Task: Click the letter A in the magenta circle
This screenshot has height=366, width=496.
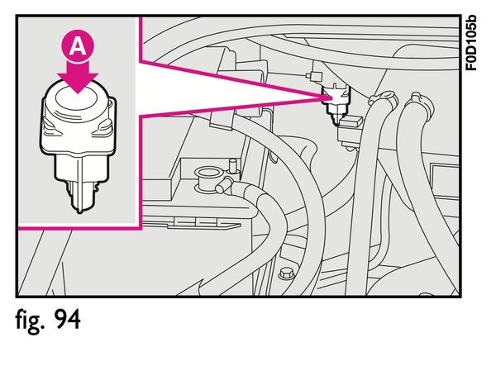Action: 78,47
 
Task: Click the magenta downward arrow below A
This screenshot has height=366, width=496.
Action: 78,77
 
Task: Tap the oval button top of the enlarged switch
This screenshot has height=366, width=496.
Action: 76,98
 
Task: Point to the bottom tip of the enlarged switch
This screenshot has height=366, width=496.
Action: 79,212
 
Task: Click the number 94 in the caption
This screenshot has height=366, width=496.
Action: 68,319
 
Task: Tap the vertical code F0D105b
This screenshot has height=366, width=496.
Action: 471,43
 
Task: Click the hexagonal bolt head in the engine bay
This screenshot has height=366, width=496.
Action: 287,273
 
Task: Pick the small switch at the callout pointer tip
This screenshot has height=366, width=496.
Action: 336,102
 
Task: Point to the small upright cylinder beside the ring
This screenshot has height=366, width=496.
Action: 233,165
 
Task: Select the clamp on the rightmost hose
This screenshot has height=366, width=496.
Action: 420,102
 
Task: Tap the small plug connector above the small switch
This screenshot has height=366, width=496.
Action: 314,76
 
